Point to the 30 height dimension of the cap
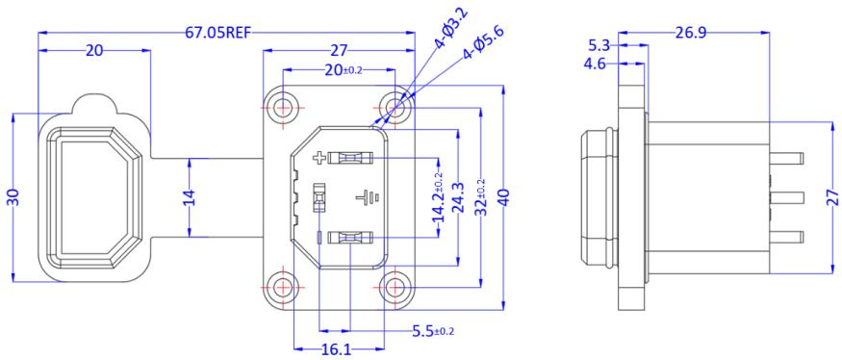click(x=13, y=197)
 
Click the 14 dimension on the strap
click(x=190, y=197)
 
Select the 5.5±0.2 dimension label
click(x=433, y=331)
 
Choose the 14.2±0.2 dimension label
click(x=439, y=198)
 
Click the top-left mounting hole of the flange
click(x=282, y=107)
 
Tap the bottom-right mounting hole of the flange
click(x=395, y=287)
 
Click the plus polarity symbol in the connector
click(x=320, y=157)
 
